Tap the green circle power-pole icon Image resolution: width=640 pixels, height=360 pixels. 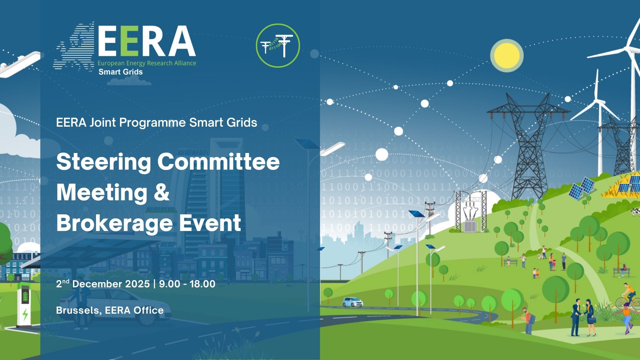point(278,45)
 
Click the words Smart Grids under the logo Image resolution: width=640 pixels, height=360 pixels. point(121,72)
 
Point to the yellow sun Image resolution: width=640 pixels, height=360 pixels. point(507,55)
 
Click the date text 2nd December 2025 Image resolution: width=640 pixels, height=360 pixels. point(103,284)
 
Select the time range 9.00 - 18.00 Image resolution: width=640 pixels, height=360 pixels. point(187,284)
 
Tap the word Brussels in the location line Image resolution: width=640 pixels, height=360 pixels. point(78,311)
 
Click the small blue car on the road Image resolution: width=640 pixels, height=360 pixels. point(353,302)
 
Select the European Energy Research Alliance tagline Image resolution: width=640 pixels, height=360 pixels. point(147,63)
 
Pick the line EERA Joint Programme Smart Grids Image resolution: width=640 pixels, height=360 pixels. point(157,123)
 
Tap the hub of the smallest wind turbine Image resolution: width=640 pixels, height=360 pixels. point(598,102)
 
